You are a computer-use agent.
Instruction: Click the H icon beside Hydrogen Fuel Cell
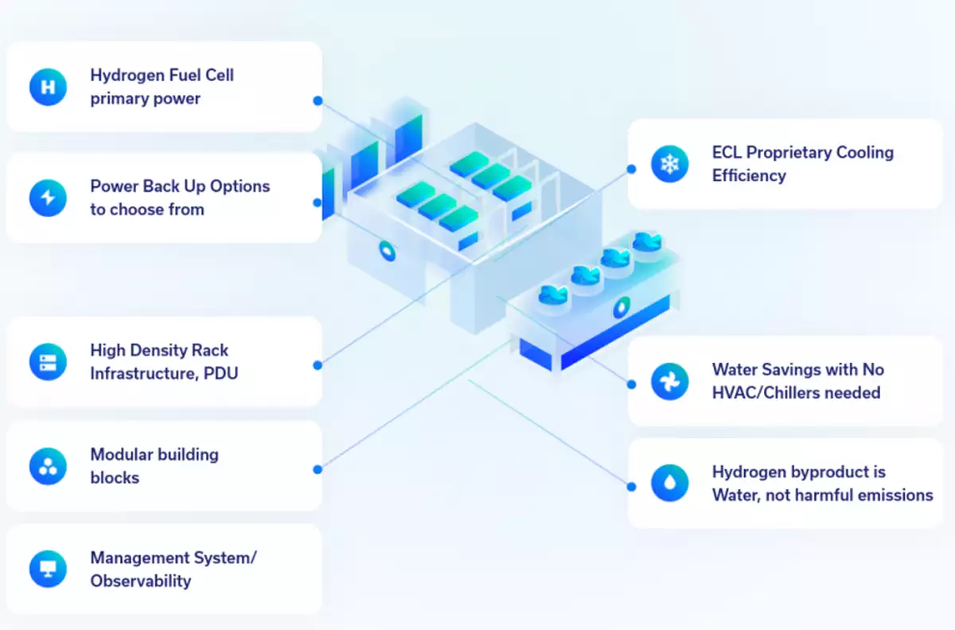click(48, 87)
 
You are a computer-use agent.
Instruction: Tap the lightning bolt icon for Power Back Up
click(48, 197)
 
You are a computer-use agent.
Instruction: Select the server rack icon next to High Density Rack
click(48, 362)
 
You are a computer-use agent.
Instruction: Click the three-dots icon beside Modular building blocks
click(48, 466)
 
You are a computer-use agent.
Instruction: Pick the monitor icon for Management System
click(48, 569)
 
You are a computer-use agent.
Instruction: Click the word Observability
click(140, 581)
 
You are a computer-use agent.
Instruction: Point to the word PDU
click(219, 372)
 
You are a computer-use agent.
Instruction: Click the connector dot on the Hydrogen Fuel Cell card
click(318, 101)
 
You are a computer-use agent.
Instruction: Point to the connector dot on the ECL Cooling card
click(631, 169)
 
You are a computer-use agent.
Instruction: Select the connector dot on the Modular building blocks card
click(318, 469)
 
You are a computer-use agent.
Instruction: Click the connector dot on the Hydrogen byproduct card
click(631, 486)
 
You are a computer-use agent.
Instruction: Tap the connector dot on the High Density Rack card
click(318, 365)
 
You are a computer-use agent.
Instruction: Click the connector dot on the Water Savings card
click(631, 383)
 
